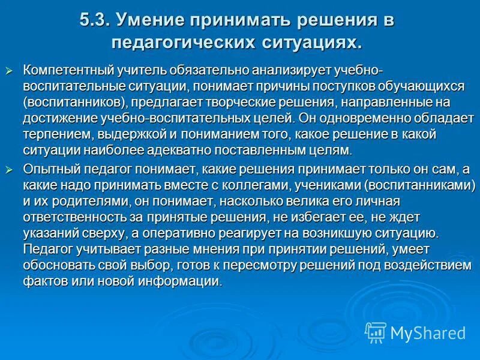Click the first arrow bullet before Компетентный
(x=8, y=71)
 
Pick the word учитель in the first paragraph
(x=133, y=71)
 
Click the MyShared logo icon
(x=376, y=332)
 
